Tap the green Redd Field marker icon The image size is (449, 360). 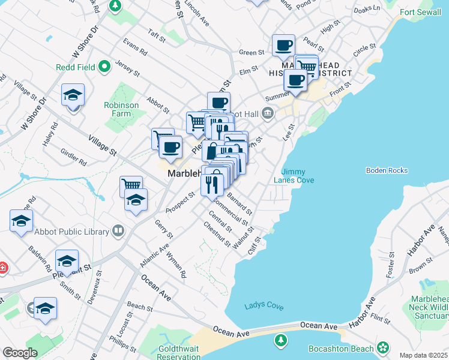(x=104, y=67)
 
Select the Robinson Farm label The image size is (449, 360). (x=121, y=109)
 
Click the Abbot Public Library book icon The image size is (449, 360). (x=119, y=231)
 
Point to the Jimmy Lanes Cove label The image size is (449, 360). (x=294, y=176)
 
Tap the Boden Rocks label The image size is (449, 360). (x=387, y=171)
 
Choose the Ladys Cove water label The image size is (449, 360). (x=264, y=306)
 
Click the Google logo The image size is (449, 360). (x=20, y=353)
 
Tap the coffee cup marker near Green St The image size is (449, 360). (x=283, y=45)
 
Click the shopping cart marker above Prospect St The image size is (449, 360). (x=131, y=185)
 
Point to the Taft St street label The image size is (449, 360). (x=157, y=37)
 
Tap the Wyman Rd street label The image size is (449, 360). (x=176, y=268)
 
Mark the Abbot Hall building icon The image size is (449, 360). (x=267, y=112)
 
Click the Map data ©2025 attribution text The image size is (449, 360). (x=423, y=355)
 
